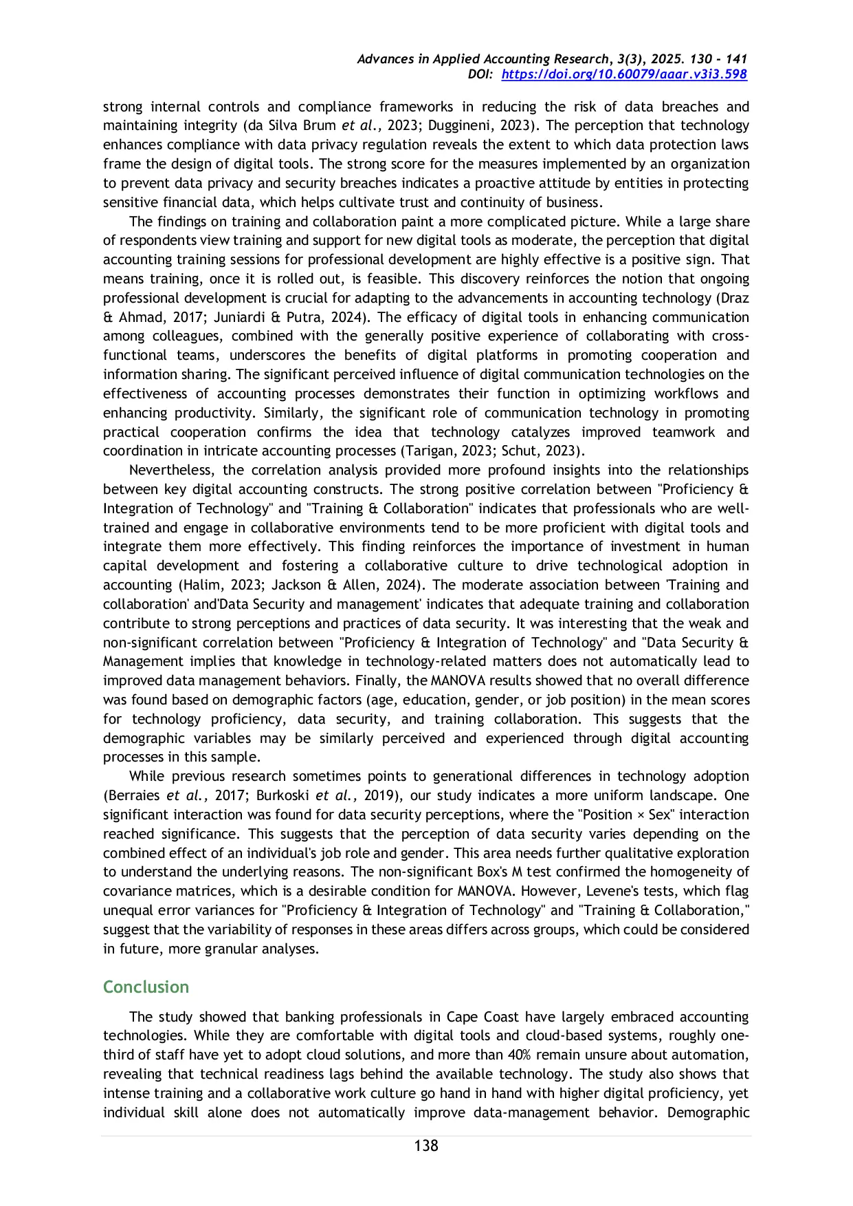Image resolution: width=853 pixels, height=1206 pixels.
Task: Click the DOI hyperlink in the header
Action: click(x=623, y=74)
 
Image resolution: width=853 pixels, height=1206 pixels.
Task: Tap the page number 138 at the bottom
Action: click(x=426, y=1145)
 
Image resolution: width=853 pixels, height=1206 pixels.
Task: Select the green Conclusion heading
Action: click(x=146, y=987)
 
